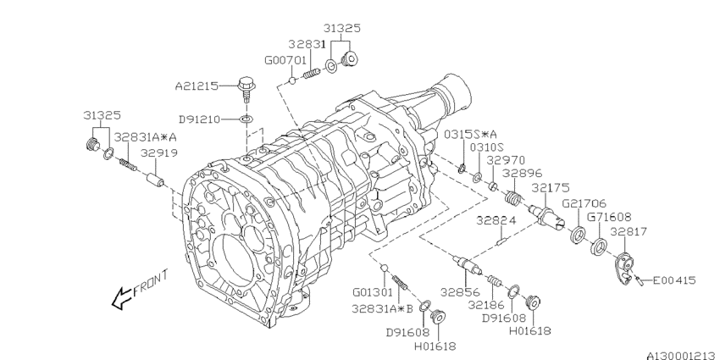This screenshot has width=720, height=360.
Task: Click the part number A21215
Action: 197,86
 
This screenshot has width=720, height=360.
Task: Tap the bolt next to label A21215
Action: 246,90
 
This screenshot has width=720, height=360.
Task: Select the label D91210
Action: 200,119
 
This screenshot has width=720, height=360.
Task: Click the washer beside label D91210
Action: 246,119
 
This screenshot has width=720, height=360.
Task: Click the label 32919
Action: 159,153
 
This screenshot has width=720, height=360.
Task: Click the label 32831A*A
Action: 145,137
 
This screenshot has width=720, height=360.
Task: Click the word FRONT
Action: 151,283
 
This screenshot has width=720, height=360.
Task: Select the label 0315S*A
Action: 470,134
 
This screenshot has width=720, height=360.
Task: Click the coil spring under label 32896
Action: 512,198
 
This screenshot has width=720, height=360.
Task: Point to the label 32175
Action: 550,187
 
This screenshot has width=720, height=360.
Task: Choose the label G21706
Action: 584,203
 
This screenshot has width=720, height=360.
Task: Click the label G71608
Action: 609,216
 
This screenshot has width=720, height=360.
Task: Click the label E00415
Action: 674,280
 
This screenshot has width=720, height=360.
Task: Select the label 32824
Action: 496,221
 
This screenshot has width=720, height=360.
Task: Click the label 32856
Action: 460,292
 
